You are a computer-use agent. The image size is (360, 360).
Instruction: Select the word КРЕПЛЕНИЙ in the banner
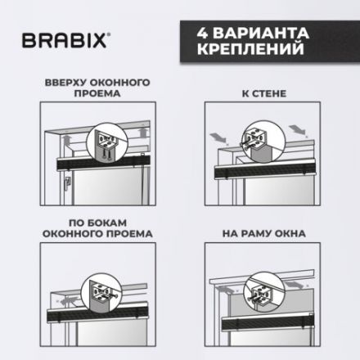coord(245,55)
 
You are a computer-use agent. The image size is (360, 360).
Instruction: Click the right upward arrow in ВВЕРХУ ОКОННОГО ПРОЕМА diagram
coord(144,130)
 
